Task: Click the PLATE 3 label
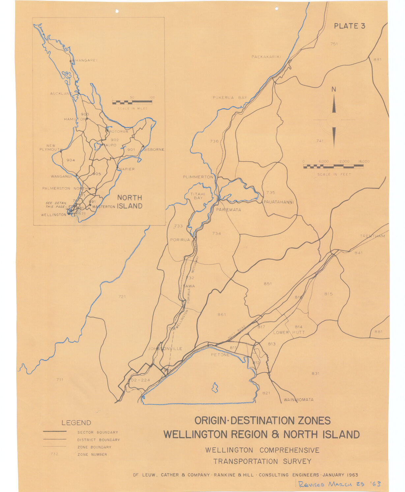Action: tap(349, 26)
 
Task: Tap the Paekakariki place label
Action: tap(266, 57)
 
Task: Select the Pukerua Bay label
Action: tap(230, 98)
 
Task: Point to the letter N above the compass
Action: tap(334, 89)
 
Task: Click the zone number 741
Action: tap(320, 141)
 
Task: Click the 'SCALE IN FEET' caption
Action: tap(334, 174)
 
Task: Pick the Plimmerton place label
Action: tap(198, 177)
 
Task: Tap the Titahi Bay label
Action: tap(198, 196)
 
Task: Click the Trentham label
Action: tap(372, 236)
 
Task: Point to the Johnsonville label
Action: tap(165, 349)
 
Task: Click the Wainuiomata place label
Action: tap(299, 400)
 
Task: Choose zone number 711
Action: tap(59, 380)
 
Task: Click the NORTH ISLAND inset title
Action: tap(130, 202)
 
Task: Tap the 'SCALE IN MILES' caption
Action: tap(132, 108)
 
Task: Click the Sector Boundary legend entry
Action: tap(98, 432)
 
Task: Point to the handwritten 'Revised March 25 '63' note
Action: tap(339, 484)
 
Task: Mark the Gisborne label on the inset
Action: tap(154, 149)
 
